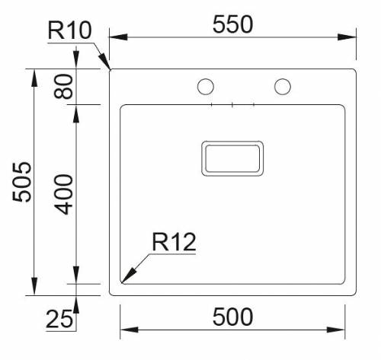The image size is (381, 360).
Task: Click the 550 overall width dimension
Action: pyautogui.click(x=232, y=24)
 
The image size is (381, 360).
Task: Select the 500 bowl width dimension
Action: pyautogui.click(x=232, y=316)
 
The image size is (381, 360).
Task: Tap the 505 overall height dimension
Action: pyautogui.click(x=23, y=181)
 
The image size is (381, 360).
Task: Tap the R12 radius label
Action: pyautogui.click(x=174, y=243)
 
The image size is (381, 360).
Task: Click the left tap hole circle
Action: pyautogui.click(x=206, y=87)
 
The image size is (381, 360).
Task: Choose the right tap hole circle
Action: pyautogui.click(x=283, y=87)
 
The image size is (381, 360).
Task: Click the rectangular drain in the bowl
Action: pyautogui.click(x=232, y=158)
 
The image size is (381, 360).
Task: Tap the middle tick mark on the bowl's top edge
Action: pyautogui.click(x=232, y=104)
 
